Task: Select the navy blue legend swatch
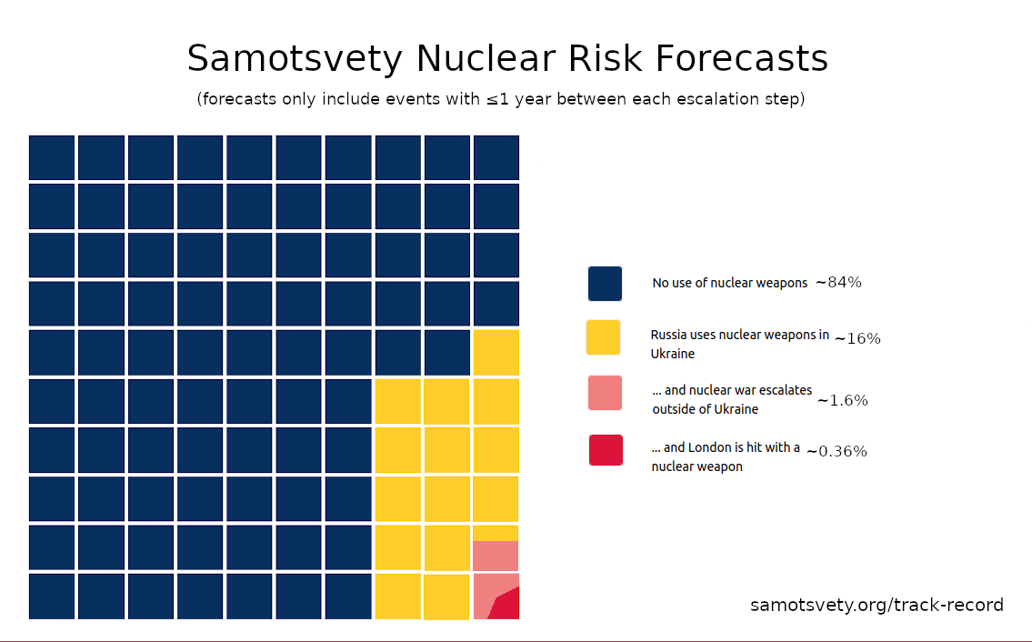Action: [x=605, y=283]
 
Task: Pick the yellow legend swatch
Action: [x=604, y=337]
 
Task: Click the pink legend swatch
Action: [x=605, y=393]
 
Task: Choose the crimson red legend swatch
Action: [x=606, y=450]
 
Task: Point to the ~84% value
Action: [x=838, y=283]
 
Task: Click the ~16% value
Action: [x=857, y=338]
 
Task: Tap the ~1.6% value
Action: [x=842, y=400]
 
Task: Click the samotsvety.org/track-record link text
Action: [x=877, y=605]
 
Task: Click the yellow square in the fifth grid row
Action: [x=496, y=353]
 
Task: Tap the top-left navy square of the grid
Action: [x=52, y=157]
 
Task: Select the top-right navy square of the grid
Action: [x=496, y=157]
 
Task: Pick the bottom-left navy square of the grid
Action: [x=52, y=597]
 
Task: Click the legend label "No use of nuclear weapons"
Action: [x=729, y=283]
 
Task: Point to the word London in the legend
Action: [x=740, y=447]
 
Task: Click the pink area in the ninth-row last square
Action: [x=496, y=555]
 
